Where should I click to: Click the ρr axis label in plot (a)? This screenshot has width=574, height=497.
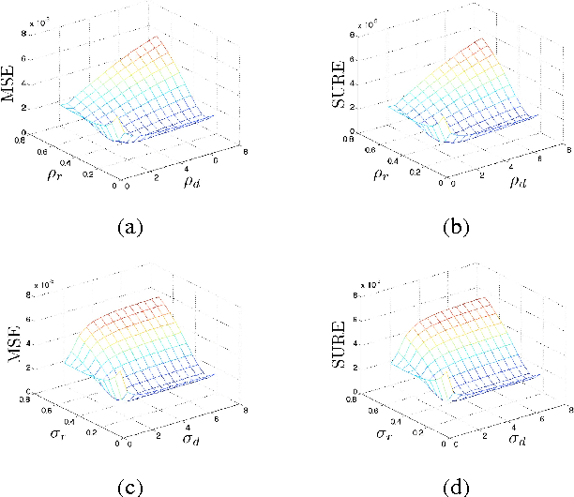pyautogui.click(x=45, y=174)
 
